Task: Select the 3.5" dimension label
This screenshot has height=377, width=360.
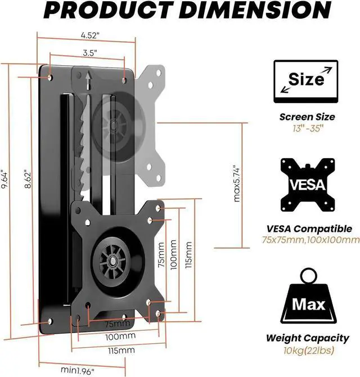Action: [87, 53]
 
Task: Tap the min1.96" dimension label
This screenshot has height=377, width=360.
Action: [78, 370]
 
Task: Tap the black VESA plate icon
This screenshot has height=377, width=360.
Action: [307, 185]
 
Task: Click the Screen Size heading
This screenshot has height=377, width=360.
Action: [307, 117]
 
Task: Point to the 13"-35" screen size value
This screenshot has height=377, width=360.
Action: [307, 129]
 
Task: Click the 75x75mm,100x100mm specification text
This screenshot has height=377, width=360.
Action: [310, 240]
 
